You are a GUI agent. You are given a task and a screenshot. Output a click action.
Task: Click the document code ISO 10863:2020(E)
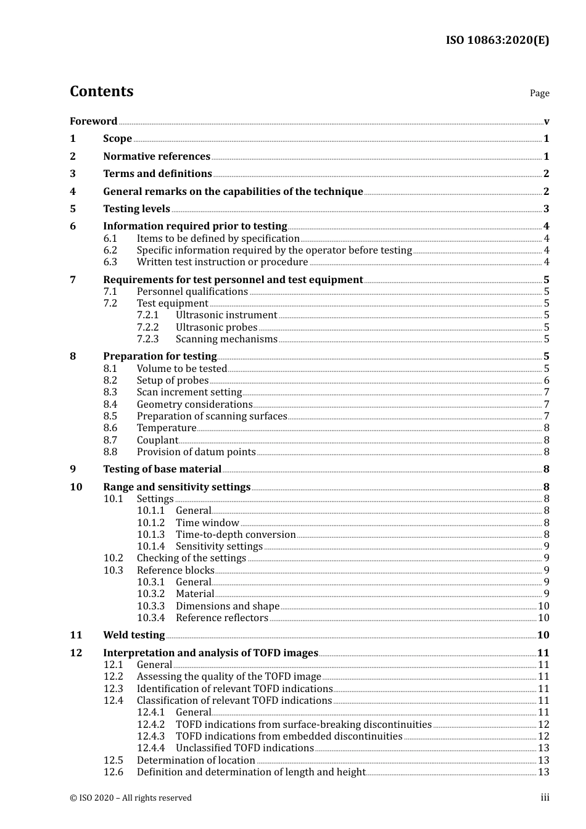click(497, 40)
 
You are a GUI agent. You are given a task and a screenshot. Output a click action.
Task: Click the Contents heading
click(101, 91)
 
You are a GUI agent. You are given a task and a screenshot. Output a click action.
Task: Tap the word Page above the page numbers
click(539, 93)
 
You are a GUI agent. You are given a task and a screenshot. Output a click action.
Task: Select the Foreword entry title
click(93, 121)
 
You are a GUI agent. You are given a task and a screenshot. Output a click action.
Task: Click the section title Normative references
click(157, 156)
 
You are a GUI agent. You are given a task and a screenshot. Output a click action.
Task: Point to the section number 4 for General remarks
click(73, 191)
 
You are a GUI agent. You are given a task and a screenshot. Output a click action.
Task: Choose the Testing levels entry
click(136, 208)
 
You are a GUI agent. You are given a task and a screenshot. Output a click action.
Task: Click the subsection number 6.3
click(110, 262)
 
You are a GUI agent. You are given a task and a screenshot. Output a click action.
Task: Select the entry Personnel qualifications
click(192, 292)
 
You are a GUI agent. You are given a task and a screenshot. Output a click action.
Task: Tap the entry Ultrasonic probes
click(217, 328)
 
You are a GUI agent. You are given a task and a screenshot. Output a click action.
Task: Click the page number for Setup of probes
click(546, 381)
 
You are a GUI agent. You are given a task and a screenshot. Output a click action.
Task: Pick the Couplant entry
click(157, 440)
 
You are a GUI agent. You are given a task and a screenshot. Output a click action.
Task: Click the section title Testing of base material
click(162, 469)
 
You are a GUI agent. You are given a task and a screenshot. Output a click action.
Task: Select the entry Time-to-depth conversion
click(236, 535)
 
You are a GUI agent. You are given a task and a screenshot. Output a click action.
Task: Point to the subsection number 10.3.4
click(151, 618)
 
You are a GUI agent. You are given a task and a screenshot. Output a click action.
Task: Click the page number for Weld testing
click(543, 635)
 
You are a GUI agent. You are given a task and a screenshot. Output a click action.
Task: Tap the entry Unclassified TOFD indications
click(245, 748)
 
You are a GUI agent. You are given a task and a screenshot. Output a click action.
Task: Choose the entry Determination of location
click(196, 761)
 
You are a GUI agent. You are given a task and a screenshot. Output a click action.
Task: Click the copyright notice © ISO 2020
click(131, 798)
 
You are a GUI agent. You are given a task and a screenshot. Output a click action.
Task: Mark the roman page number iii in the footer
click(545, 798)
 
